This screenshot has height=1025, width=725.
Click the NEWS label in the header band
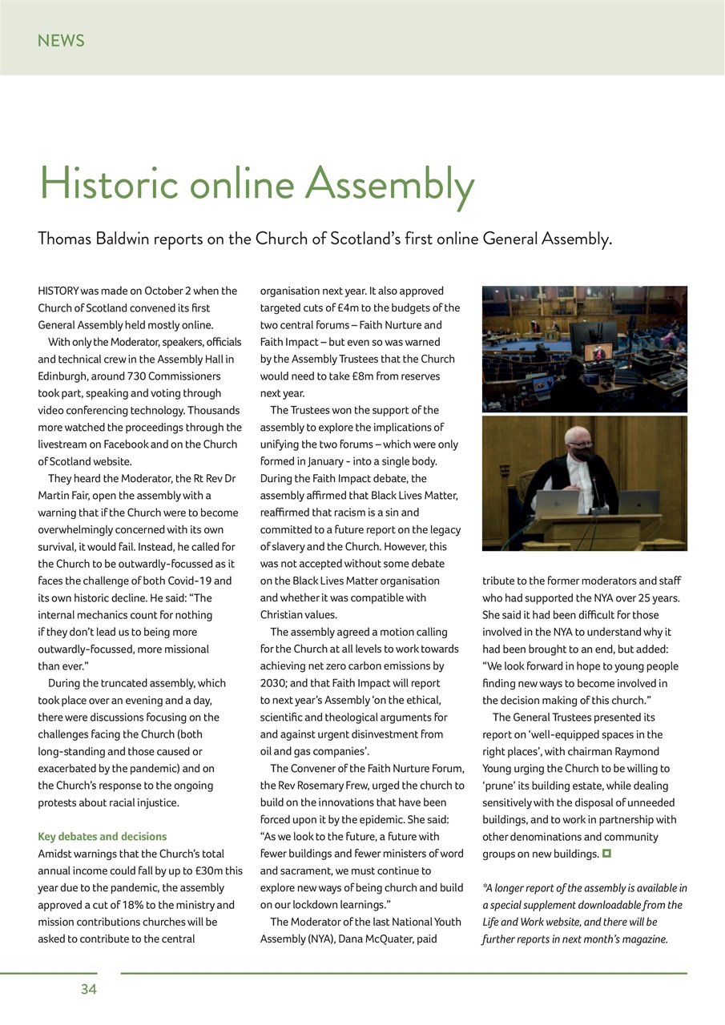(61, 41)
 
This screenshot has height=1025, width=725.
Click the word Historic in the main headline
(108, 184)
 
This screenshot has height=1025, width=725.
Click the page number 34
(88, 989)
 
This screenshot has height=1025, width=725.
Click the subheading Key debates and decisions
(103, 836)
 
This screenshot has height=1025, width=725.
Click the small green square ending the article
(607, 854)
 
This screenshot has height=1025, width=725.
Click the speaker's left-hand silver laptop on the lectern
(556, 503)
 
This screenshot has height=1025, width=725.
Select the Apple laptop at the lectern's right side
(640, 502)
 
